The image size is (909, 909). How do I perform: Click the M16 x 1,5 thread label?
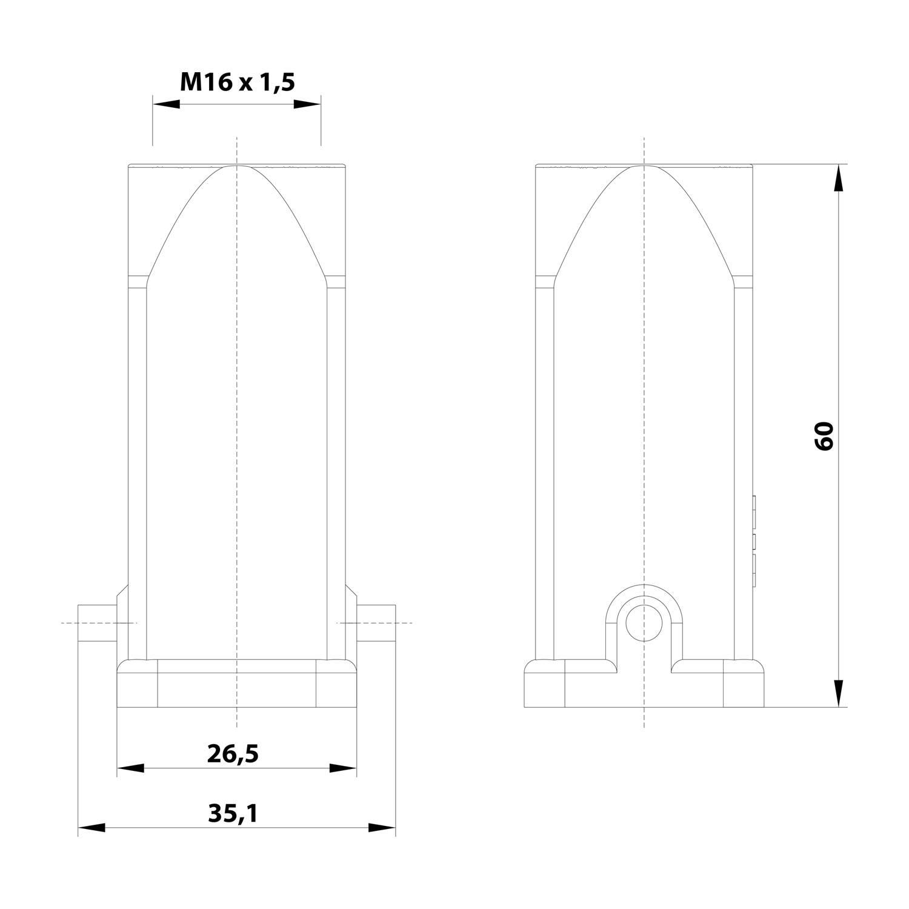237,81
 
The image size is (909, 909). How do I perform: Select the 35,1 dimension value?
233,814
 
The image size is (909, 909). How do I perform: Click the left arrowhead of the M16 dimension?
167,104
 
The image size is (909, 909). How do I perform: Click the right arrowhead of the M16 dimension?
307,104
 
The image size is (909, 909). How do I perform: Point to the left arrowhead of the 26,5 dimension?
131,768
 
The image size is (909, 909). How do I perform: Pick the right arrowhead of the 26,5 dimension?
343,768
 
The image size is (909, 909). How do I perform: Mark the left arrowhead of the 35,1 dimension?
92,828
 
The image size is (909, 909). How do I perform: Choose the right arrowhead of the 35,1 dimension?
382,828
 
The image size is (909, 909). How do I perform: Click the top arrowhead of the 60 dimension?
839,178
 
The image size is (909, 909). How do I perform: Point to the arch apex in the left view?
237,165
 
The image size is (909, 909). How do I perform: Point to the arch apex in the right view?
644,165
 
